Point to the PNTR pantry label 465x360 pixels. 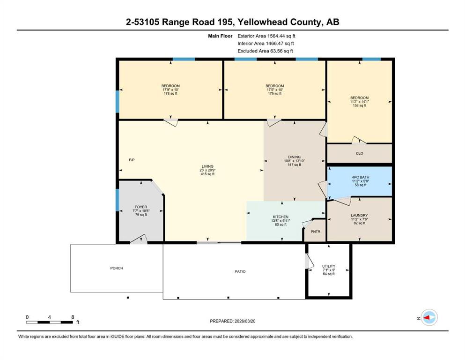(x=316, y=232)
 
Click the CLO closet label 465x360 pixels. (x=360, y=153)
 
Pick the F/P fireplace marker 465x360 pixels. (x=132, y=160)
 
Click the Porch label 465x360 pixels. (x=117, y=268)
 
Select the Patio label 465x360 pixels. (x=240, y=271)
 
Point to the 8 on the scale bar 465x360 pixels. (x=73, y=317)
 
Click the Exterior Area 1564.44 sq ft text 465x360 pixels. (x=266, y=36)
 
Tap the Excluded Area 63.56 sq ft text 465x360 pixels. (x=265, y=51)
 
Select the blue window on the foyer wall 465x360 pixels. (x=118, y=200)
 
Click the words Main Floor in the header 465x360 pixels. (x=220, y=36)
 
